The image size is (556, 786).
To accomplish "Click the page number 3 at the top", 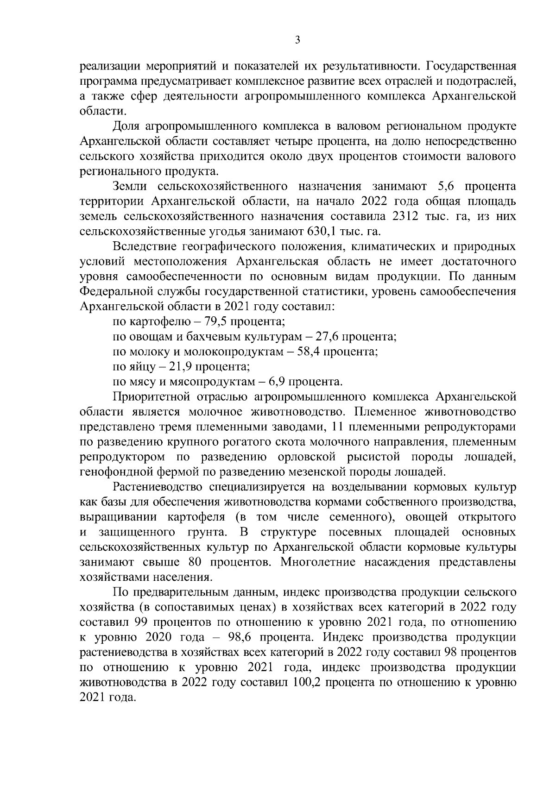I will [x=297, y=40].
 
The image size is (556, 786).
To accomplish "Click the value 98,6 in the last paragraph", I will [x=237, y=637].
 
